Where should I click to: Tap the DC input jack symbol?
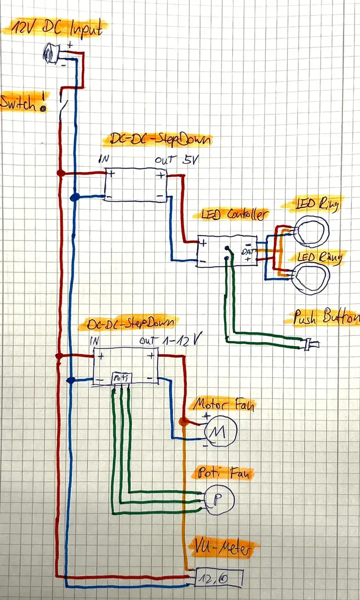[x=50, y=53]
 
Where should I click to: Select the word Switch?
[x=19, y=103]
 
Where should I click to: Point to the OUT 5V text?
[x=172, y=160]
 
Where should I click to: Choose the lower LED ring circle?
[x=312, y=277]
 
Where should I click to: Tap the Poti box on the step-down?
[x=121, y=378]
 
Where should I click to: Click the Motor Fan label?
[x=223, y=405]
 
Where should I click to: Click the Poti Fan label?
[x=222, y=473]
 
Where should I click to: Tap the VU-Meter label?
[x=222, y=550]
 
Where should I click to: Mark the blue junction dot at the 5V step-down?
[x=75, y=197]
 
